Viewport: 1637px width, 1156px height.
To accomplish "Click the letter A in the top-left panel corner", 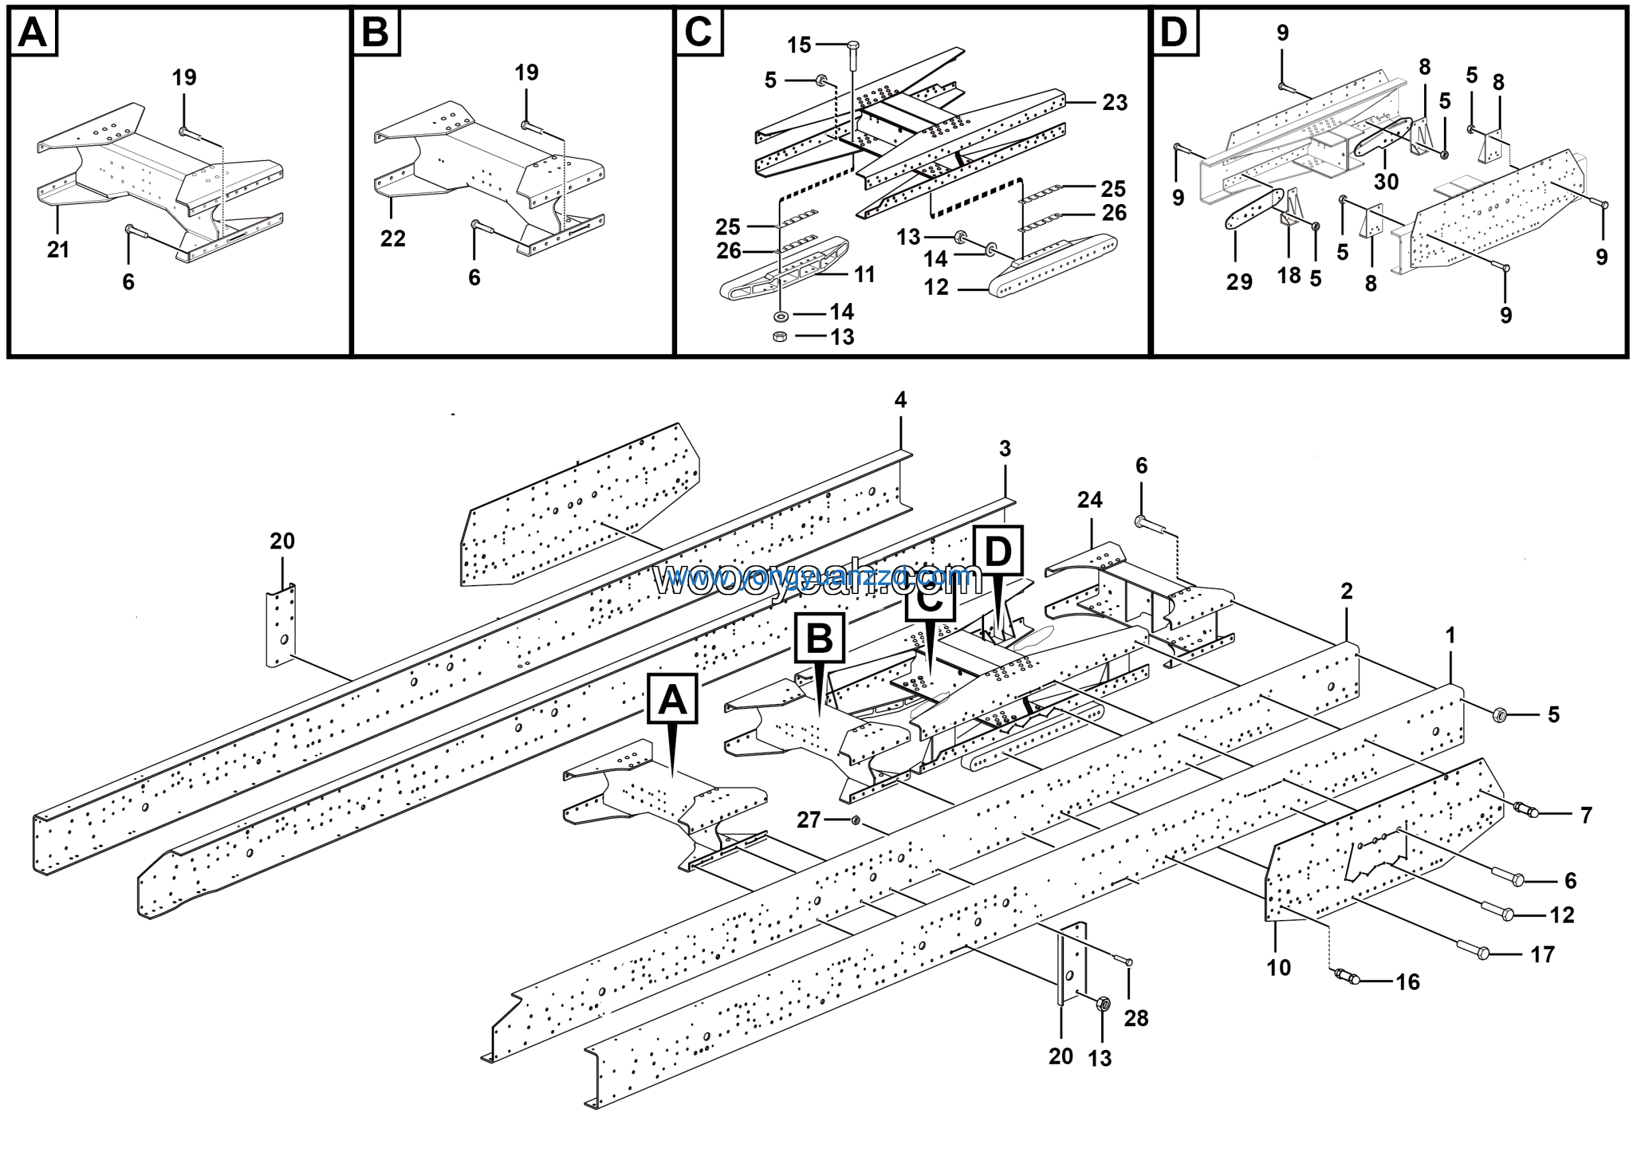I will point(33,33).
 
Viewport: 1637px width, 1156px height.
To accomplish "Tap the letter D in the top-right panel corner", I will point(1173,33).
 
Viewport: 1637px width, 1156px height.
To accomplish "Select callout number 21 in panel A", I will point(58,249).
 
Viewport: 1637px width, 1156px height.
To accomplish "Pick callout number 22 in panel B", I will point(393,238).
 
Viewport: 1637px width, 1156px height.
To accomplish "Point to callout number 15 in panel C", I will point(799,45).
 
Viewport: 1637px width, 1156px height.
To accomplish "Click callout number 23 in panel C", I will point(1115,103).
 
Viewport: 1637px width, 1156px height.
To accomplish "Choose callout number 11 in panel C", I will point(864,274).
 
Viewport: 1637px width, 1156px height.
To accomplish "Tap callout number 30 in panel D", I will point(1386,182).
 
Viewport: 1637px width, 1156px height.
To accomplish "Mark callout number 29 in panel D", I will point(1239,282).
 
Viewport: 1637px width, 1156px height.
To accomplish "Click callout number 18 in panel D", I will point(1289,276).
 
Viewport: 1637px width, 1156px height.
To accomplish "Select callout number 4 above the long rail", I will point(900,400).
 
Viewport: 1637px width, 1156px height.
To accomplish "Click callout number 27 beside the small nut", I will point(808,820).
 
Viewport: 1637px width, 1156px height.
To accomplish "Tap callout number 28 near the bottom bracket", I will point(1136,1019).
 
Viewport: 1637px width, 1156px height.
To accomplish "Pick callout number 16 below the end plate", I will point(1407,982).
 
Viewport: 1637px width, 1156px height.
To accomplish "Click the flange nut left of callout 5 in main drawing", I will point(1500,714).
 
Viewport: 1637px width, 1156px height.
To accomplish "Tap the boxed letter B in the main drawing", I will point(819,638).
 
